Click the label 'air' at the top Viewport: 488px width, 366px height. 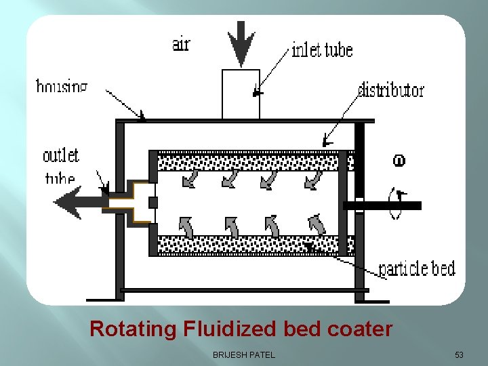coord(181,44)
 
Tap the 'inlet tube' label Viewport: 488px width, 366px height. coord(322,49)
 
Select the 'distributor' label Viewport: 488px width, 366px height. coord(391,89)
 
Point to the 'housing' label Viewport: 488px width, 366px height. coord(62,86)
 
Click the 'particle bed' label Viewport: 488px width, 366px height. coord(416,268)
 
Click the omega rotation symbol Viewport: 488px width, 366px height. coord(399,161)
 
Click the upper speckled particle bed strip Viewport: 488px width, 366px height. coord(247,163)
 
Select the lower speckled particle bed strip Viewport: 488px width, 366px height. coord(247,244)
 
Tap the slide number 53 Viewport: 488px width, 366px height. coord(460,354)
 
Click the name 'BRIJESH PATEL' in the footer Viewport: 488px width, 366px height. coord(244,354)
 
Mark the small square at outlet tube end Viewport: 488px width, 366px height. coord(153,203)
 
